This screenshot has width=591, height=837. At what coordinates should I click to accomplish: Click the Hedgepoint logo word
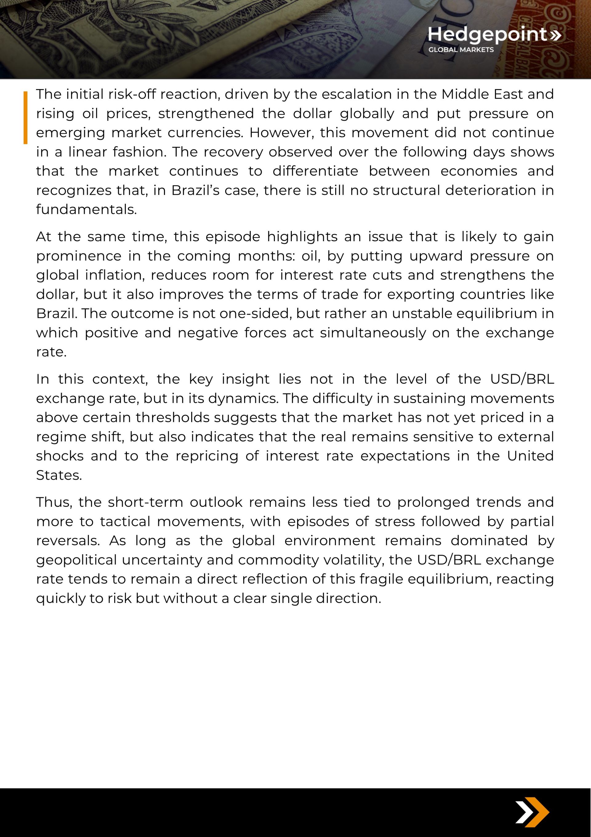click(488, 35)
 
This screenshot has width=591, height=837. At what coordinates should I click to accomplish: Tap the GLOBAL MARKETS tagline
click(461, 50)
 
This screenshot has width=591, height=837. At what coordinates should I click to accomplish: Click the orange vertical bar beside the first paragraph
click(26, 117)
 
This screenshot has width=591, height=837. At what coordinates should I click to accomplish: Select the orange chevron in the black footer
click(537, 812)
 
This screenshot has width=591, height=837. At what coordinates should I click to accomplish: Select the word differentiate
click(315, 171)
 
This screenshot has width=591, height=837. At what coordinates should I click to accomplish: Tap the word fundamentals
click(86, 209)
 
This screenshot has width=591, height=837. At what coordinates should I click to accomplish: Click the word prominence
click(78, 256)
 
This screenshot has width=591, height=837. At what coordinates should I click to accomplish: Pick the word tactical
click(125, 522)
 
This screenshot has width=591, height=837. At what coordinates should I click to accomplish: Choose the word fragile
click(382, 579)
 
